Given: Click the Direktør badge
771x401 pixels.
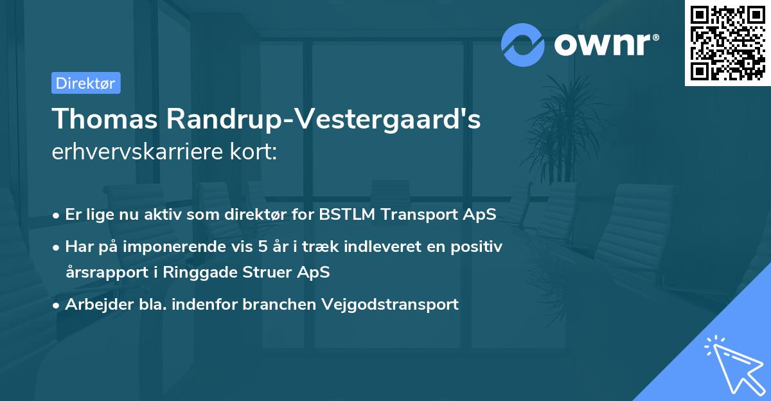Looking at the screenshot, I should (85, 83).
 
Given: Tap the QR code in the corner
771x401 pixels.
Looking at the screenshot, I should (727, 42).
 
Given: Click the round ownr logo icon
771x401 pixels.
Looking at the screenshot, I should (522, 44).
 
